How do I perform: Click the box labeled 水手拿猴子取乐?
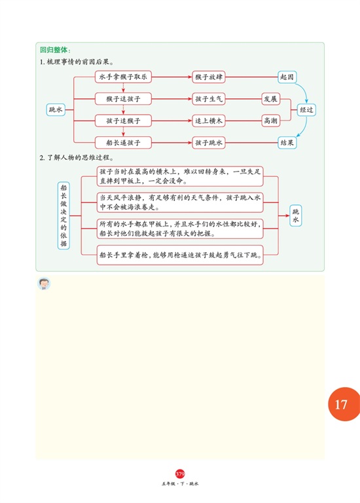(123, 77)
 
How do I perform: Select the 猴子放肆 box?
(209, 77)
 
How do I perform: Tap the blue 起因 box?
(287, 77)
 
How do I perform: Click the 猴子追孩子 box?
(123, 99)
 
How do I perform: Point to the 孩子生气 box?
(209, 99)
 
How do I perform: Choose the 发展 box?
(270, 99)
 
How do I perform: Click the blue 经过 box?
(306, 110)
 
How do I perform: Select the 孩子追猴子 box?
(123, 121)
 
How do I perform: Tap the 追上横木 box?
(209, 121)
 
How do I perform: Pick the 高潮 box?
(270, 121)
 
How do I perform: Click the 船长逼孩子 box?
(123, 143)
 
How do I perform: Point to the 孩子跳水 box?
(209, 143)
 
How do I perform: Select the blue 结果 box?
(287, 143)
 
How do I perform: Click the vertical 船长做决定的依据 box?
(63, 215)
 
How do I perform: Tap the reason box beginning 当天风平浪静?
(180, 202)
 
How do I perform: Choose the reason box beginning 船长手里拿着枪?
(180, 255)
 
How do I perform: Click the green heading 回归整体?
(55, 50)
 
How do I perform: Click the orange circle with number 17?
(344, 404)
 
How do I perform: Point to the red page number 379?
(180, 474)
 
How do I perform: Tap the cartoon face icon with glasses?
(44, 284)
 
